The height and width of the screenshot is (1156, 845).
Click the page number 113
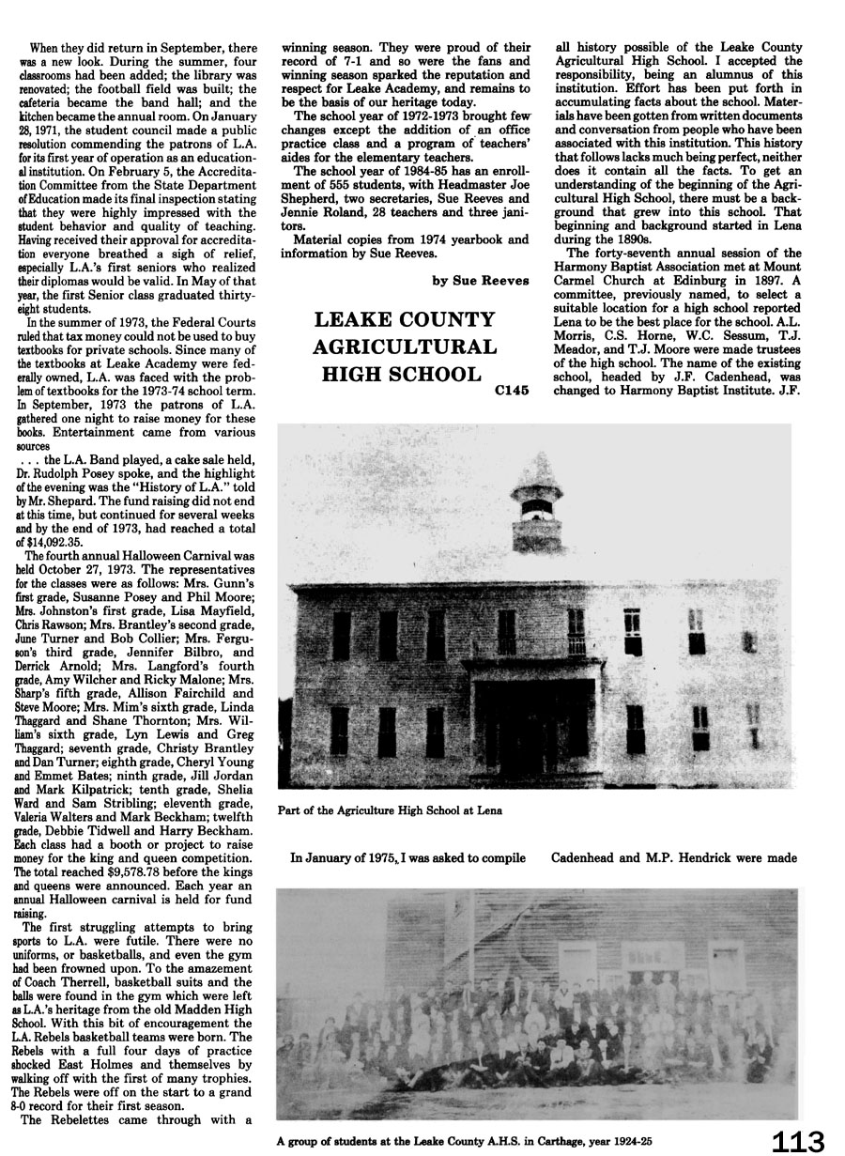pyautogui.click(x=797, y=1141)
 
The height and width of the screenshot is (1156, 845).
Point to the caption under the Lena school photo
pyautogui.click(x=390, y=810)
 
